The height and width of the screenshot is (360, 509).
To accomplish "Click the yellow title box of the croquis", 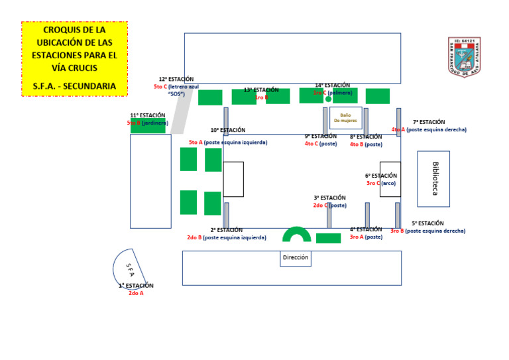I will tap(74, 58).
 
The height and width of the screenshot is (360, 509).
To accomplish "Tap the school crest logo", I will tap(464, 56).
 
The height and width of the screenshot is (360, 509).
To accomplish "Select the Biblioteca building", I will tap(433, 178).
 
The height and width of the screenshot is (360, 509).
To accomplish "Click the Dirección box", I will tap(296, 258).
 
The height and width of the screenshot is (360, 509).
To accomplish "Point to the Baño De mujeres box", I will tap(345, 117).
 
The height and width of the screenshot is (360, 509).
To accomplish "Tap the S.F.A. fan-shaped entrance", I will tap(128, 269).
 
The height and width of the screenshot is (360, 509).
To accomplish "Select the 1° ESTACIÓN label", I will tap(136, 286).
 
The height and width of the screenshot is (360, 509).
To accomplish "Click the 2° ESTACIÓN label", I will tap(227, 230).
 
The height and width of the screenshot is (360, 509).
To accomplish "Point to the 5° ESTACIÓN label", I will tap(427, 223).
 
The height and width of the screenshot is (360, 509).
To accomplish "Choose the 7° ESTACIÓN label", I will tap(429, 122).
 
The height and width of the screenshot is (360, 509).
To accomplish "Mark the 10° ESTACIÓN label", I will tap(228, 130).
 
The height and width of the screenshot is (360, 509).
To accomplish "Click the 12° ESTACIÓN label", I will tap(176, 79).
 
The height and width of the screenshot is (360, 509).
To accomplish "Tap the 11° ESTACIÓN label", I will tap(148, 115).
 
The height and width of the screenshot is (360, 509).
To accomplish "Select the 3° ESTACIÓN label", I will tap(329, 198).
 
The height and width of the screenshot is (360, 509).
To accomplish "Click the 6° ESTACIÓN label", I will tap(381, 176).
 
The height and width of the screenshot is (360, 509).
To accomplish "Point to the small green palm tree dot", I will tap(329, 99).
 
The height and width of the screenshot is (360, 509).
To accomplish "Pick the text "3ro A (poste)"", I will tap(366, 237).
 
